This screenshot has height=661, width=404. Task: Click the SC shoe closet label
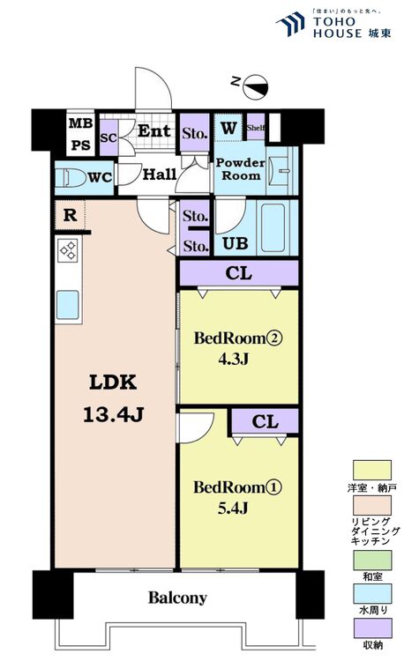[108, 137]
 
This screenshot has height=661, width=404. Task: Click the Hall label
[160, 175]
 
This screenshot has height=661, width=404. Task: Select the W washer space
[228, 128]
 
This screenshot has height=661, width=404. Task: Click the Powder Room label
[240, 169]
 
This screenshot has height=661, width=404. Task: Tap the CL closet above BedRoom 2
[238, 274]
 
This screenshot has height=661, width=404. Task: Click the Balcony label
[177, 598]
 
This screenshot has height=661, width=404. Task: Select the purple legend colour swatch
[371, 628]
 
